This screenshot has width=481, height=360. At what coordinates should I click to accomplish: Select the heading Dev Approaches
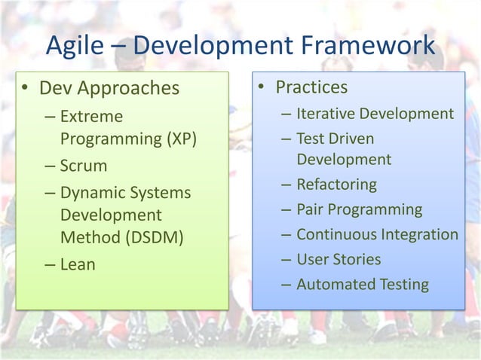click(109, 89)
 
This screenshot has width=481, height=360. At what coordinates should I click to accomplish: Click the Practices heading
click(311, 87)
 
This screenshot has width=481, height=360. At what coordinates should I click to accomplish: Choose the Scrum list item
click(84, 166)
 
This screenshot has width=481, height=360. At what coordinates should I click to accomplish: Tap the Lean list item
click(78, 265)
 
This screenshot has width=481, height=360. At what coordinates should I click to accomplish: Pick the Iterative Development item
click(375, 114)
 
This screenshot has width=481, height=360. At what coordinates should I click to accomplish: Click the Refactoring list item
click(336, 185)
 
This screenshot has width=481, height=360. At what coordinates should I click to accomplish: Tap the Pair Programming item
click(359, 209)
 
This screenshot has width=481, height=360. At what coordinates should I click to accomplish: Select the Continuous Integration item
click(377, 234)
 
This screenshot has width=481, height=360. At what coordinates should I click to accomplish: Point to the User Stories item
click(339, 259)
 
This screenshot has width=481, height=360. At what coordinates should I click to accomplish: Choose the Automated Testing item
click(362, 284)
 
